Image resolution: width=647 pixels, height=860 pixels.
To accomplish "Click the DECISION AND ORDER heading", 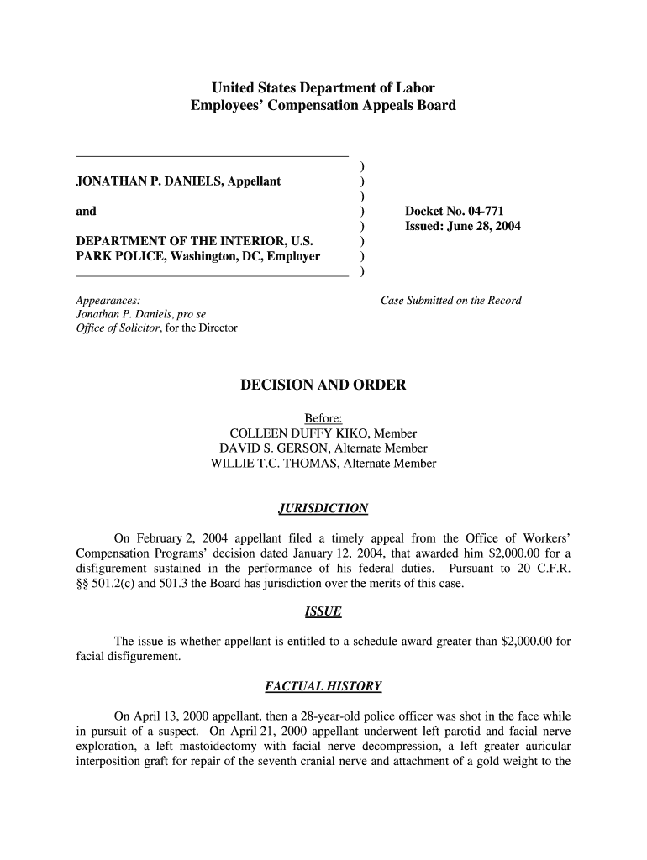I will point(323,385).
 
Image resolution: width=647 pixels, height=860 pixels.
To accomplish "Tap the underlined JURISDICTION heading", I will point(323,508).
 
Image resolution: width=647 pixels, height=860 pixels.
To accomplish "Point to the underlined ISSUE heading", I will point(323,611).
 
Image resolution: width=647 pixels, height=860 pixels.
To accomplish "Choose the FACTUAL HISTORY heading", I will point(323,686).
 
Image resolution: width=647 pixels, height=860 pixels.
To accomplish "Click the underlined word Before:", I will point(323,418).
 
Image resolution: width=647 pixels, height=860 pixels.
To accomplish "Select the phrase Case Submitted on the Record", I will point(450,300).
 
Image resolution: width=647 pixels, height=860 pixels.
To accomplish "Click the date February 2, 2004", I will point(177,538).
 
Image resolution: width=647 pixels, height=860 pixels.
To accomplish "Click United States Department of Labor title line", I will point(323,87).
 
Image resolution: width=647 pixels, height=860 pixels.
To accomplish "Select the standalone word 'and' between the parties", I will point(86,212).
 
